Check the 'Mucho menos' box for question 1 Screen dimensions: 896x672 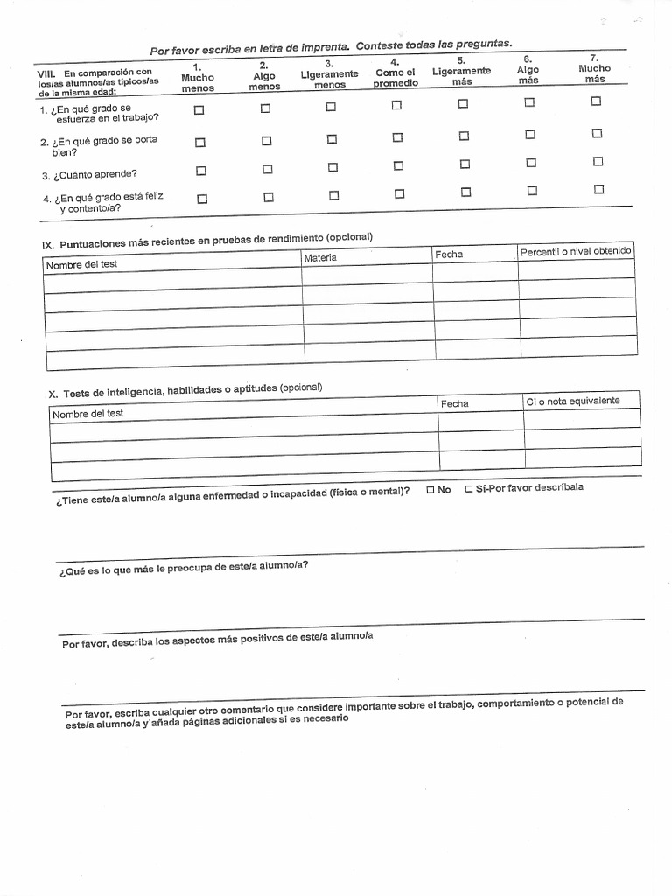[199, 110]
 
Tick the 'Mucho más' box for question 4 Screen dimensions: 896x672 [599, 189]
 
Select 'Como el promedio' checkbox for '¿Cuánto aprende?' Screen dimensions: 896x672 [398, 166]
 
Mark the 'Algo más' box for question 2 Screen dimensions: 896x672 [530, 134]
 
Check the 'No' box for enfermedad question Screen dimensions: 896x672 [430, 489]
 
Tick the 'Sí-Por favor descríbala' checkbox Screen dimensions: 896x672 [470, 488]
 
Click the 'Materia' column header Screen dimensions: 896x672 [320, 257]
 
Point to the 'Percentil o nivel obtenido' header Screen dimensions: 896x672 [576, 251]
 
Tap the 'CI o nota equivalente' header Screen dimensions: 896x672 [572, 401]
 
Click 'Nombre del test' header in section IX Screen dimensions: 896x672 [81, 264]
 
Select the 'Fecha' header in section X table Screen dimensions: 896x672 [454, 403]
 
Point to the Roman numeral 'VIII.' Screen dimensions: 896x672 [47, 73]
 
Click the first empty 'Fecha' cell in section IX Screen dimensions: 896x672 [475, 271]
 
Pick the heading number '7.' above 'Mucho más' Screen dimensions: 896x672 [594, 57]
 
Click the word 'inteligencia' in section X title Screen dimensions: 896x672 [118, 392]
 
